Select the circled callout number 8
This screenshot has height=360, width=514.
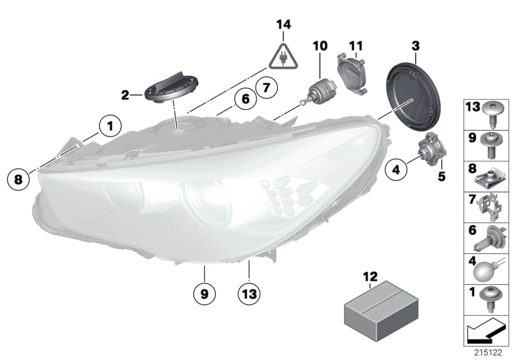click(x=18, y=179)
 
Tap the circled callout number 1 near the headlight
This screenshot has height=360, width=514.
click(x=110, y=125)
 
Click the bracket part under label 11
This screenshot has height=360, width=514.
click(x=353, y=73)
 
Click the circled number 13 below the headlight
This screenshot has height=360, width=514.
click(x=249, y=294)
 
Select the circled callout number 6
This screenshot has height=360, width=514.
click(x=244, y=100)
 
